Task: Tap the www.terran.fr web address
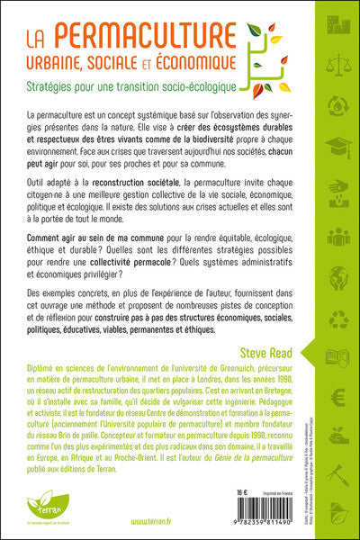coord(133,521)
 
